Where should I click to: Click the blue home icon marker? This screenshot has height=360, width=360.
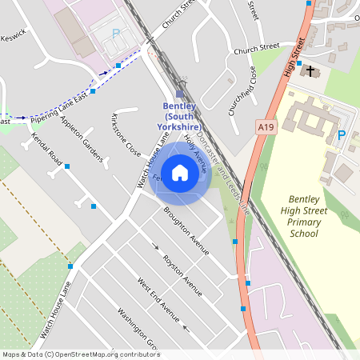click(x=180, y=172)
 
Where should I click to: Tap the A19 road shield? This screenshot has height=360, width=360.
click(x=267, y=126)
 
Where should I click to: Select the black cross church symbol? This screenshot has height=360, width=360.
click(x=311, y=71)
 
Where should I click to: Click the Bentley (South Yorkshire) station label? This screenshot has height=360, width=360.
click(x=180, y=116)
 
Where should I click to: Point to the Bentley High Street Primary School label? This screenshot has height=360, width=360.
click(x=307, y=215)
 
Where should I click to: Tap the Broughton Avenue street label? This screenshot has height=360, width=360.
click(x=186, y=232)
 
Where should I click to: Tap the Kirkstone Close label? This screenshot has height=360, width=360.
click(x=125, y=135)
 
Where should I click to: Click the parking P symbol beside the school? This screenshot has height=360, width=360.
click(x=342, y=135)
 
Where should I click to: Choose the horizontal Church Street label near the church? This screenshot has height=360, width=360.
click(x=256, y=49)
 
